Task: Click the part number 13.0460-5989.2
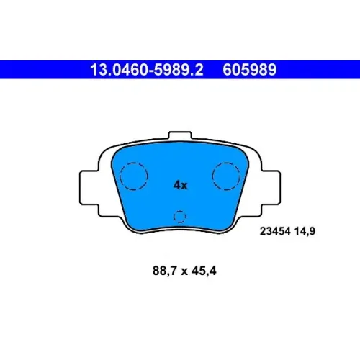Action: (x=147, y=70)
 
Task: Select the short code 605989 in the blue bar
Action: (x=250, y=70)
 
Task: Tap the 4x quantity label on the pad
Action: (x=180, y=185)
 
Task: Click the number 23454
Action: (x=275, y=231)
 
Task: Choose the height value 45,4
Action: (x=204, y=271)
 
